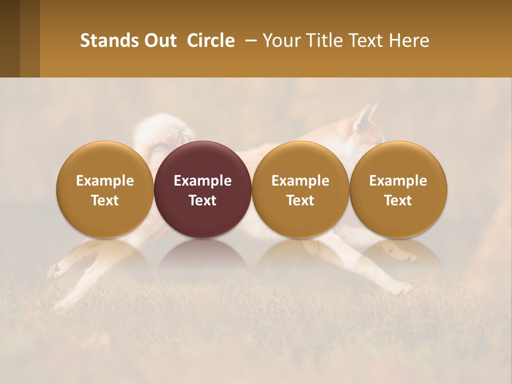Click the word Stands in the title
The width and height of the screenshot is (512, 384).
tap(109, 41)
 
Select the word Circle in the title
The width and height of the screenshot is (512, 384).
tap(211, 41)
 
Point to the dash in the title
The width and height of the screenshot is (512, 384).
tap(248, 41)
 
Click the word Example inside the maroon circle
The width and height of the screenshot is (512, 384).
tap(203, 181)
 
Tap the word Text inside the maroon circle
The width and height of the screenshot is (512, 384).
tap(203, 201)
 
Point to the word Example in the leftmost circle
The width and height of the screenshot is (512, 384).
tap(105, 181)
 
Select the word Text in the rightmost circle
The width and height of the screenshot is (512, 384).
tap(398, 201)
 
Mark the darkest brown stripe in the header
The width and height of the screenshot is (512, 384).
tap(10, 38)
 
